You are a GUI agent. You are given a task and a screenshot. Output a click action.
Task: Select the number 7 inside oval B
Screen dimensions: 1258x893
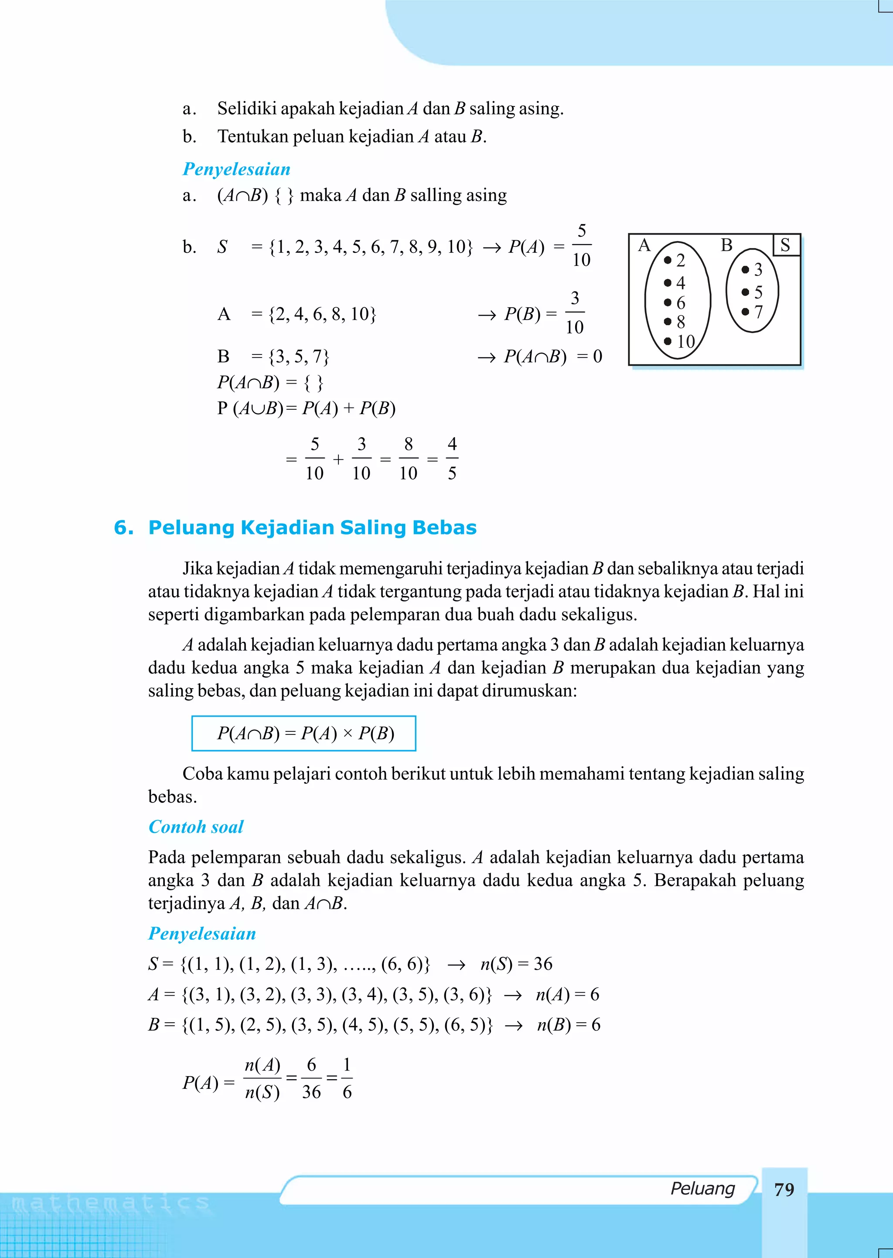pos(758,312)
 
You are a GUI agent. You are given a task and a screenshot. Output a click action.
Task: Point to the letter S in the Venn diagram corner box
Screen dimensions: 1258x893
pos(785,245)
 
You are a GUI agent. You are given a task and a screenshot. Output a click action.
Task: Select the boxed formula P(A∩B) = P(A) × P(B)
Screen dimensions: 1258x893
pos(303,733)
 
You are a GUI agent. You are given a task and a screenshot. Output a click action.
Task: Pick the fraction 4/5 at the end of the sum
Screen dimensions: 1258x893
pos(452,459)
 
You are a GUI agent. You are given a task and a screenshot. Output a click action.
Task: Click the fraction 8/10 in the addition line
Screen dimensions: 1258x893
pos(408,459)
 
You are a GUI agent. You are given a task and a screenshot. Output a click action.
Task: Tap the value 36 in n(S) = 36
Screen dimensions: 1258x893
pos(543,963)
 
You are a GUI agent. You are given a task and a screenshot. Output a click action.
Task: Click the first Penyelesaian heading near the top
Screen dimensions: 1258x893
pos(236,169)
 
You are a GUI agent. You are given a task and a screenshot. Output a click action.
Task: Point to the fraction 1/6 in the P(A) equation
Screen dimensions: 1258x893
pos(347,1078)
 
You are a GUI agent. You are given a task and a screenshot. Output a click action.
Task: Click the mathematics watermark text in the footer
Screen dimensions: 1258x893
pos(110,1204)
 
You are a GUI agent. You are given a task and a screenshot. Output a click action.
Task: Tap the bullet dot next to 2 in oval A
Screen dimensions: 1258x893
pos(668,260)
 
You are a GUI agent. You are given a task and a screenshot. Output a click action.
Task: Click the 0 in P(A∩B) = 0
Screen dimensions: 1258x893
pos(597,357)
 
